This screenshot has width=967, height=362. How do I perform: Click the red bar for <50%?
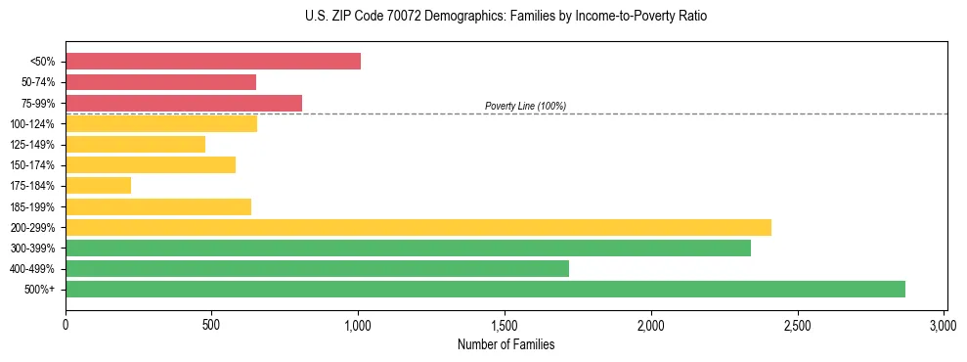pos(213,62)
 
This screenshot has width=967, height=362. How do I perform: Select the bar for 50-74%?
pos(160,82)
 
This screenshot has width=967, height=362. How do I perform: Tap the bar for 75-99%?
pos(184,103)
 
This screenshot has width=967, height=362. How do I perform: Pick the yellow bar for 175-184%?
pos(98,186)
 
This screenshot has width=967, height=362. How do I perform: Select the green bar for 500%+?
pos(485,290)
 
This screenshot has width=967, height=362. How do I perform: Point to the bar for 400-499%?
pos(317,268)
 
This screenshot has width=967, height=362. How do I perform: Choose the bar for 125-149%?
pos(135,144)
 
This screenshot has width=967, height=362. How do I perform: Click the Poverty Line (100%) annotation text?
pos(525,106)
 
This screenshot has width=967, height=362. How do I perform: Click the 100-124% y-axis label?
pos(32,124)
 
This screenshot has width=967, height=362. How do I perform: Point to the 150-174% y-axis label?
pos(32,165)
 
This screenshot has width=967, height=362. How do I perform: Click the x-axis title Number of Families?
pos(505,344)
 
